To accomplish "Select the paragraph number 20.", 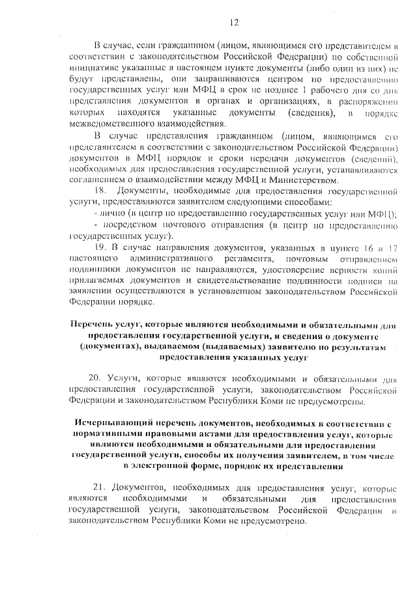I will click(x=100, y=377).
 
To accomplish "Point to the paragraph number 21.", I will click(x=100, y=488).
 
